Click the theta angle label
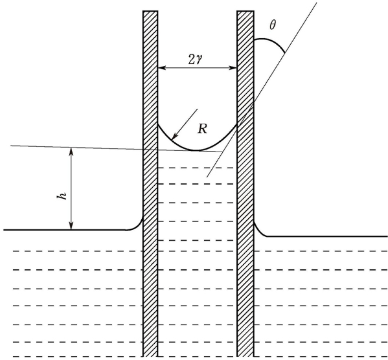click(273, 25)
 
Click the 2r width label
click(196, 60)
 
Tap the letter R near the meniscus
click(202, 129)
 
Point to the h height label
click(62, 196)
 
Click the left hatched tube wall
click(150, 184)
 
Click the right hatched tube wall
click(245, 184)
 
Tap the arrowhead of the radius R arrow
click(174, 137)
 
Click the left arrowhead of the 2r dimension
click(161, 67)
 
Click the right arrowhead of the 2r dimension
click(234, 68)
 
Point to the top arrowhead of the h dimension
click(71, 150)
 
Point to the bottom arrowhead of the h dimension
click(71, 227)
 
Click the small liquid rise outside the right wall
click(259, 231)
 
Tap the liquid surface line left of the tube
click(65, 230)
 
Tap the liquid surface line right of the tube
click(327, 236)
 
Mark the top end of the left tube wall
click(150, 11)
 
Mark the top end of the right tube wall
click(245, 11)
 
